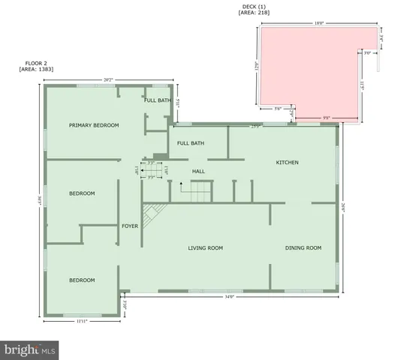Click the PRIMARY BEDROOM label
[x=94, y=125]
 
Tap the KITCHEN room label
[x=288, y=162]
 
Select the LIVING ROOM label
[x=205, y=248]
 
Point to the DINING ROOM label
[x=303, y=248]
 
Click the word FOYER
[x=130, y=225]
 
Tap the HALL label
[x=198, y=172]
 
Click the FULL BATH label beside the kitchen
[x=190, y=143]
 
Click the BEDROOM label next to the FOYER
[x=82, y=193]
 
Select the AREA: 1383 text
[x=37, y=69]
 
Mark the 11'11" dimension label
[x=83, y=322]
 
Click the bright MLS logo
[x=29, y=349]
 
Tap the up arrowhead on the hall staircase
[x=180, y=183]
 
